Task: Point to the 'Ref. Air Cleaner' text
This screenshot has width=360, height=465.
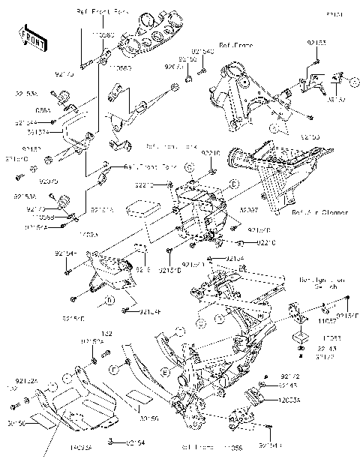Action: click(319, 212)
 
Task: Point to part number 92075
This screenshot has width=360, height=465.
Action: click(48, 181)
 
